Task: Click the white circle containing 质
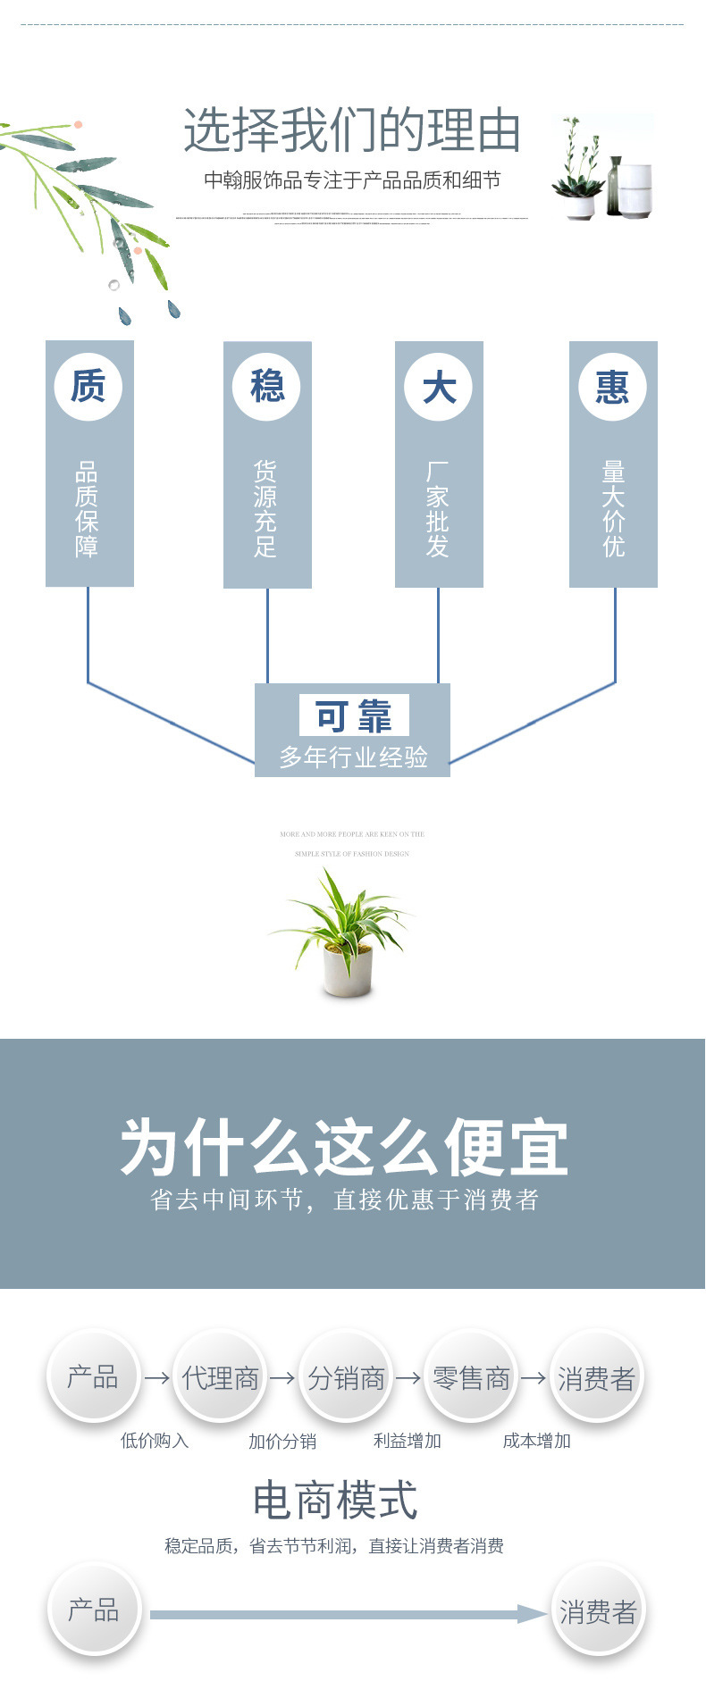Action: coord(88,387)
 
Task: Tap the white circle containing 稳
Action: coord(266,387)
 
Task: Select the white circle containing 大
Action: coord(439,387)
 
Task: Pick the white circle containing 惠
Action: coord(613,387)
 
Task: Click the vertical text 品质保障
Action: coord(87,509)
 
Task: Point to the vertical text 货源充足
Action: coord(265,509)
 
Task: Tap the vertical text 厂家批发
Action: coord(438,509)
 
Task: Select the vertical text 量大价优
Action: coord(614,509)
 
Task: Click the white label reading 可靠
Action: coord(354,715)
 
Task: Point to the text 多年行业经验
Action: coord(354,757)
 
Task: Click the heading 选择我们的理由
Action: coord(352,130)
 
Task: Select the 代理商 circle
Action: coord(220,1378)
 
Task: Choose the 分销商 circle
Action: coord(346,1378)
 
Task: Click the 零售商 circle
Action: coord(471,1378)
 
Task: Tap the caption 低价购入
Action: coord(155,1441)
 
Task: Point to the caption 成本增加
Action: coord(536,1441)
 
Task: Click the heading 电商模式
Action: coord(335,1500)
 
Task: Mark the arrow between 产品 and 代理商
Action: coord(157,1378)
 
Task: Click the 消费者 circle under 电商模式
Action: coord(598,1611)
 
